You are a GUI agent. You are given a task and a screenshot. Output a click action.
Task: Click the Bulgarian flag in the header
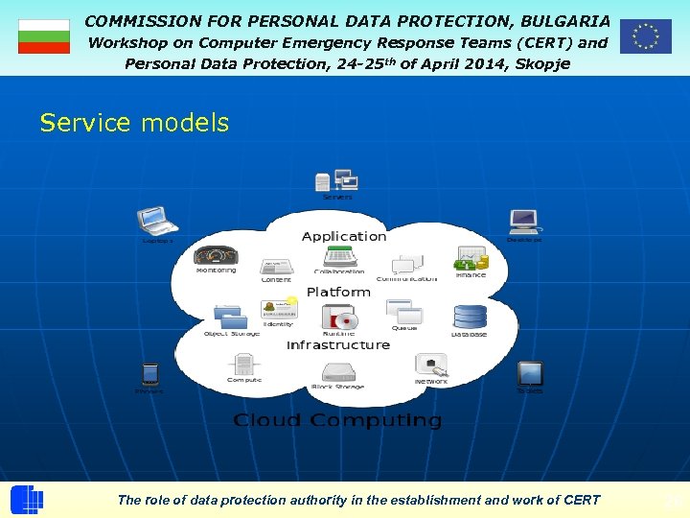tap(44, 36)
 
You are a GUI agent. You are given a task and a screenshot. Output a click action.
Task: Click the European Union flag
tap(645, 36)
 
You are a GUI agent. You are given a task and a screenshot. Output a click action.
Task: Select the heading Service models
tap(134, 123)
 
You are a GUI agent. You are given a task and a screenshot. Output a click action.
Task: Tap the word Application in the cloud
tap(344, 236)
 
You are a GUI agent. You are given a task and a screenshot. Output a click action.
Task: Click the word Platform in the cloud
tap(338, 292)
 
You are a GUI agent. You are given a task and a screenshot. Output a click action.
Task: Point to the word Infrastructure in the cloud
tap(338, 344)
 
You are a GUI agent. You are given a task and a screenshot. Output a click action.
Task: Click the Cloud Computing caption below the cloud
tap(337, 420)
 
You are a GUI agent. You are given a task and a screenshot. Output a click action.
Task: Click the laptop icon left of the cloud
tap(157, 221)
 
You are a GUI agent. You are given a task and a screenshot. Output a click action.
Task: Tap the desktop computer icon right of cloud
tap(523, 222)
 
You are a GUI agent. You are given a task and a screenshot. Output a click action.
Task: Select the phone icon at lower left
tap(149, 373)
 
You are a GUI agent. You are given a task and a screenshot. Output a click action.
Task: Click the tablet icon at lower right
tap(529, 373)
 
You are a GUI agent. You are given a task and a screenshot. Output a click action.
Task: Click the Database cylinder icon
tap(470, 317)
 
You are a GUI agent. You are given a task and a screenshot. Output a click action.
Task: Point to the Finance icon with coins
tap(471, 258)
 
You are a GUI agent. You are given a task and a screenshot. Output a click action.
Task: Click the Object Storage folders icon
tap(230, 316)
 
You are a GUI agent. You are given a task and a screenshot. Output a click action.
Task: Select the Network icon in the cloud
tap(430, 365)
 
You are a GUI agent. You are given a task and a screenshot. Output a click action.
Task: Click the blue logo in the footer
tap(27, 500)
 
